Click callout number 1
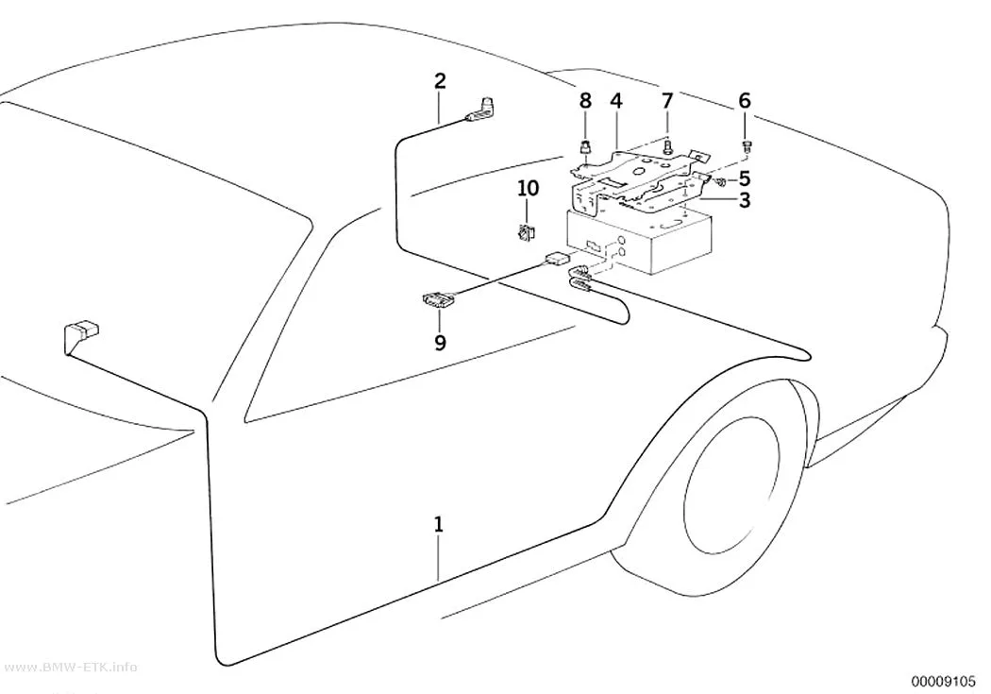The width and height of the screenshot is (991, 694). click(x=439, y=525)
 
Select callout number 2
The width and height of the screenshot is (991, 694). click(x=440, y=81)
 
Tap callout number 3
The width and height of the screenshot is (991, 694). click(x=745, y=200)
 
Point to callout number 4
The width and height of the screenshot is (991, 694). click(x=616, y=100)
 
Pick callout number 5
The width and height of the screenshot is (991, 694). click(x=745, y=178)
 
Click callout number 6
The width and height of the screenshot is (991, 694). click(x=745, y=100)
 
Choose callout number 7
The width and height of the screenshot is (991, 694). click(x=666, y=100)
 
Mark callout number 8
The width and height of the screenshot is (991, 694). click(x=585, y=100)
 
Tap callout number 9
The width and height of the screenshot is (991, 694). click(x=440, y=342)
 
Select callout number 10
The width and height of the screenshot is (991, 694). click(x=529, y=188)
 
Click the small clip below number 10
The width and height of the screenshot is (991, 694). click(x=526, y=233)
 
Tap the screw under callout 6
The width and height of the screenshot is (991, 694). click(x=746, y=147)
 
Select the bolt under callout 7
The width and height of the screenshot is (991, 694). click(x=666, y=146)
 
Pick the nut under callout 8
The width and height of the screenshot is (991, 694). click(x=585, y=149)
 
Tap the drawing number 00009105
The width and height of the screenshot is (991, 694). click(x=943, y=681)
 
